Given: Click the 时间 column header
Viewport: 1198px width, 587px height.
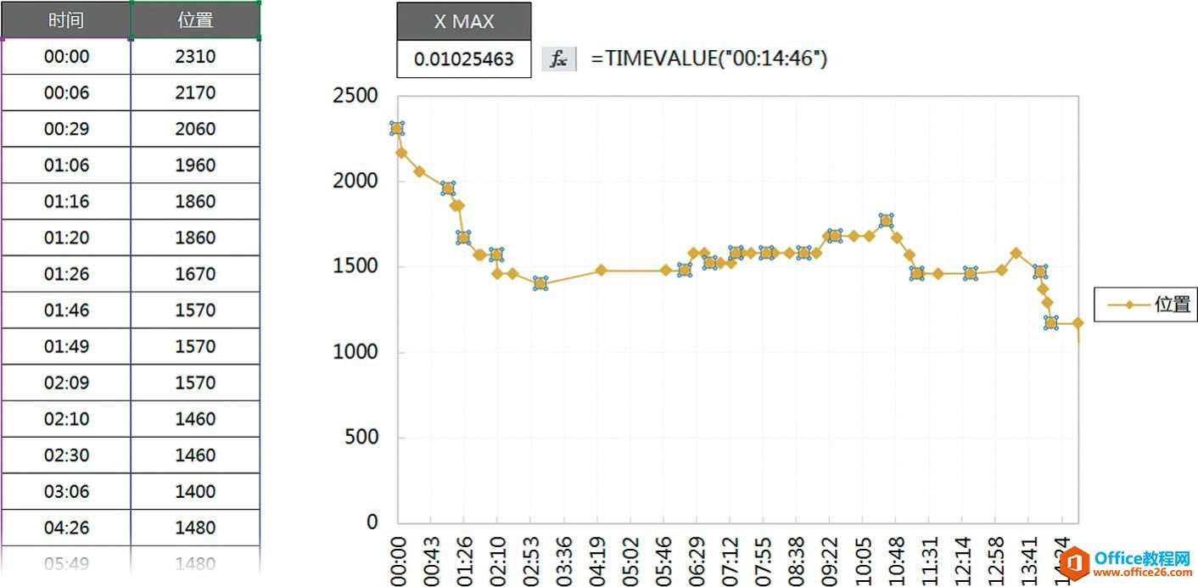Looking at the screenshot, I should (x=66, y=20).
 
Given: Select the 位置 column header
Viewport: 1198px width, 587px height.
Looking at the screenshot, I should (x=195, y=20).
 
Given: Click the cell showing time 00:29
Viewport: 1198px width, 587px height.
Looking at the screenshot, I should (x=66, y=129).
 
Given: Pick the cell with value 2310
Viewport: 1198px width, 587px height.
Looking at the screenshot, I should (x=195, y=57).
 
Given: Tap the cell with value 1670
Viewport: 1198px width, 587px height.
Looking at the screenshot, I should (x=195, y=274).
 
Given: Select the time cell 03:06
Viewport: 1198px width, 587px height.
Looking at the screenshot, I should (x=66, y=491).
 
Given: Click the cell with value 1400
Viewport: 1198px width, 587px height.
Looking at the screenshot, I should (x=195, y=491).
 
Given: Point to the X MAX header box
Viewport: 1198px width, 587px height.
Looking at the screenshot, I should (x=463, y=21).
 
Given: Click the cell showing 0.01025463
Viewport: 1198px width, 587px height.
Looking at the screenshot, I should (x=463, y=59).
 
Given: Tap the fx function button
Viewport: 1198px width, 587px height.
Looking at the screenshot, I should (x=558, y=59).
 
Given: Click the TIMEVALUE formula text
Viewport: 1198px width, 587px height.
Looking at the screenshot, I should (x=708, y=59).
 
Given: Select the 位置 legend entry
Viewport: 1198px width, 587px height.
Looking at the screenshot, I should (x=1145, y=304).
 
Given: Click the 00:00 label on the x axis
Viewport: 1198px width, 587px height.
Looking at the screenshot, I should (x=398, y=560).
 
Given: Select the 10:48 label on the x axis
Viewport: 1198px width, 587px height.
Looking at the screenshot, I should (x=895, y=560).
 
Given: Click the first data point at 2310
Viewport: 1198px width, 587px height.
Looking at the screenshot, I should (x=397, y=128).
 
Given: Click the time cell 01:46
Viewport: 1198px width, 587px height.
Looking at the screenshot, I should (x=66, y=310).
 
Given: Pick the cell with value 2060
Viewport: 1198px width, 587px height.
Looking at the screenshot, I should (x=195, y=129).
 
